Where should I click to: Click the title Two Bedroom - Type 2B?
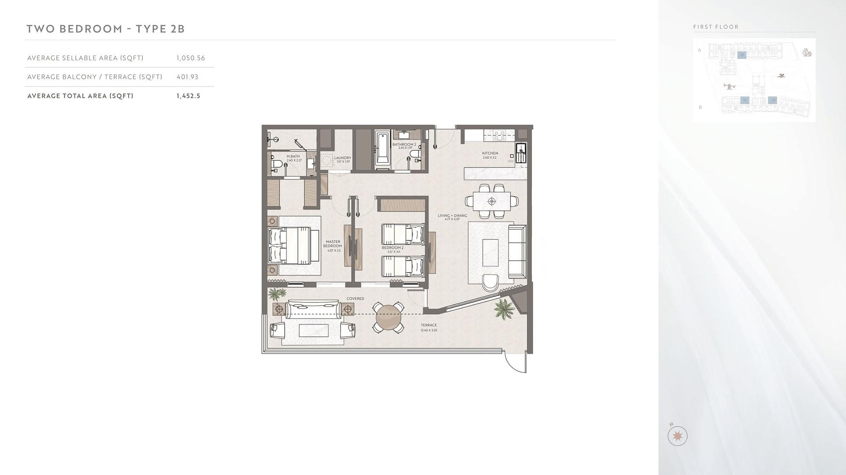106,29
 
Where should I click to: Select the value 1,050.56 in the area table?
191,58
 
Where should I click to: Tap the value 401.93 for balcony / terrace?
187,77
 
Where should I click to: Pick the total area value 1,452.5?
188,96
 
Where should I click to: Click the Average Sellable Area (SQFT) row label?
85,58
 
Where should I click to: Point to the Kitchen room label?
490,154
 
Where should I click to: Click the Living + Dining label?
452,216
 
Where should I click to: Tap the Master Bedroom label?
333,244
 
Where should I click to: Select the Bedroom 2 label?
393,248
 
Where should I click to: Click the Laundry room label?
342,158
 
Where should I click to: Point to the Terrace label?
429,326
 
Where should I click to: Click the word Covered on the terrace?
355,299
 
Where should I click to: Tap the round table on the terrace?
388,317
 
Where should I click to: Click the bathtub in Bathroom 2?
382,150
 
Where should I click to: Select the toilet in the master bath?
277,165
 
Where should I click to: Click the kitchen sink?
521,154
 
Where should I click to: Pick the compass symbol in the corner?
677,436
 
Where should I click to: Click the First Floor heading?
716,27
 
